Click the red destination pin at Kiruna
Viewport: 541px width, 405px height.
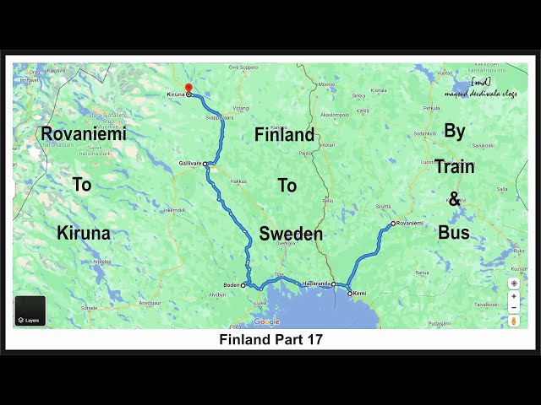pos(189,88)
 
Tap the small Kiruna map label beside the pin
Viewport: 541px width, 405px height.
pos(175,95)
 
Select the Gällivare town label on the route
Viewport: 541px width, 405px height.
pos(189,164)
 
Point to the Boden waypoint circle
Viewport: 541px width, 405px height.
pos(243,285)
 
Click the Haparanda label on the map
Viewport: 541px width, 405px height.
pos(316,283)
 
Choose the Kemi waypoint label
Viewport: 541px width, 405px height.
pos(359,294)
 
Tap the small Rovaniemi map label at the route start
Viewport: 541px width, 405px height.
pos(409,223)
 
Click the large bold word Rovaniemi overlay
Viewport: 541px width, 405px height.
pos(84,133)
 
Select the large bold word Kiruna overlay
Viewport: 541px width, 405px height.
pos(84,233)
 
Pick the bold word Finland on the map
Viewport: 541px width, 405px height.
pos(284,134)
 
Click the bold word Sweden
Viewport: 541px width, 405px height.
pos(291,234)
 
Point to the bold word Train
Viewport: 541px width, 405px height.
pos(455,166)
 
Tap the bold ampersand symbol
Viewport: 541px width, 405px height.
pos(454,199)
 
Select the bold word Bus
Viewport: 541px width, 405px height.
pos(454,232)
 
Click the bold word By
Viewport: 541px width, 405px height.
pos(455,132)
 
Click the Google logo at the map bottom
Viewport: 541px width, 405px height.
pos(266,321)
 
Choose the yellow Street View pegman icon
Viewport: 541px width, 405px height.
pos(514,321)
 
